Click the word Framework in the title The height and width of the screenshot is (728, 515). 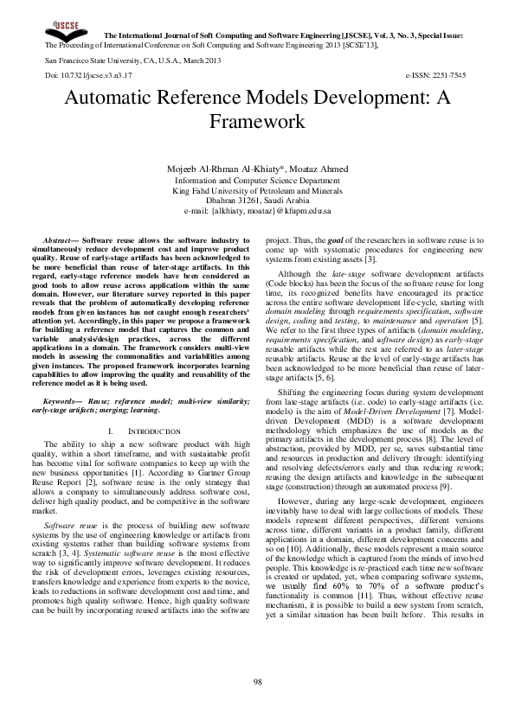257,120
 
